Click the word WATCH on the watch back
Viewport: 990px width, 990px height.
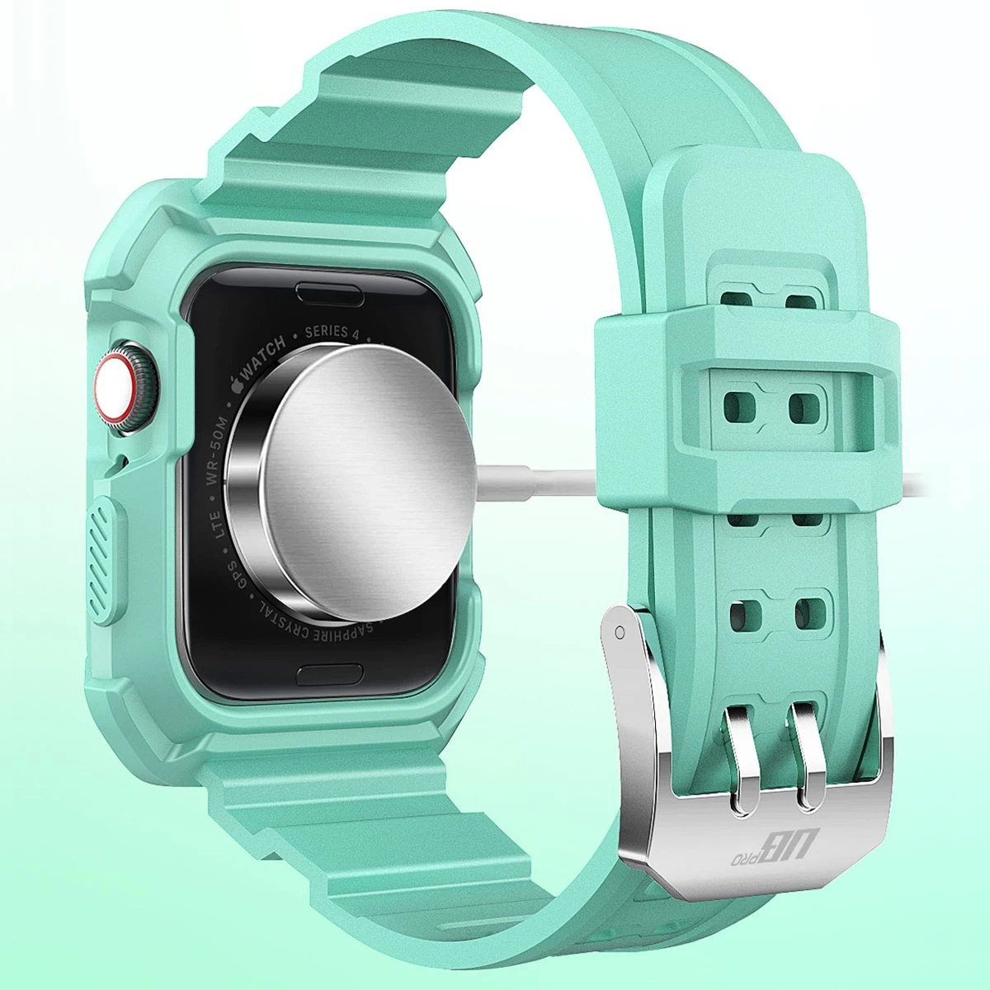tap(264, 355)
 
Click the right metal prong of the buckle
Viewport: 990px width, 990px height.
tap(807, 755)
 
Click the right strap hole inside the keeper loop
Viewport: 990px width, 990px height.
tap(807, 405)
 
